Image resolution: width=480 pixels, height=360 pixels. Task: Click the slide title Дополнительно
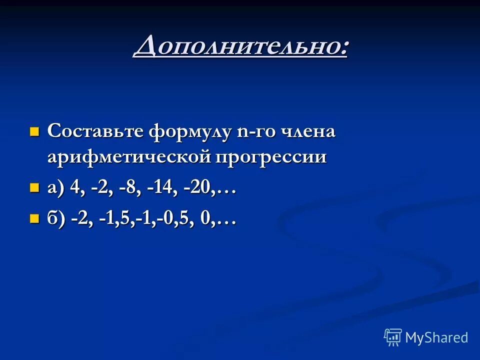[240, 47]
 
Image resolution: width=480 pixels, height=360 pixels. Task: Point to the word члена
[307, 132]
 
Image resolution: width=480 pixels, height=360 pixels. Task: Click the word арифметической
[128, 157]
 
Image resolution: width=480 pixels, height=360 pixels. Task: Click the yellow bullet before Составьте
[34, 132]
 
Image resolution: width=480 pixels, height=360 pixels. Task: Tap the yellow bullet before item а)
[34, 188]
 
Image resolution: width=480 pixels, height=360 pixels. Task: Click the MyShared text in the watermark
[436, 337]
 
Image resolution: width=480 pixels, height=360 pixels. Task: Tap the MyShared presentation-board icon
[393, 337]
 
